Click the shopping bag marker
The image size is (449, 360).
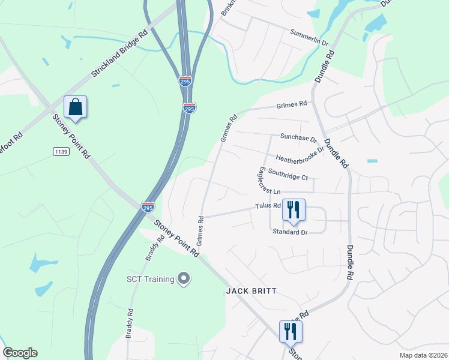76,108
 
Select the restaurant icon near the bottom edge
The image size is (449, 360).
291,332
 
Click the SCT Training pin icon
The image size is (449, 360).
184,278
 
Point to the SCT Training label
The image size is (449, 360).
150,278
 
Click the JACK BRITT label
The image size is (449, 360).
252,291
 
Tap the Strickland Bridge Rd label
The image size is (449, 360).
119,53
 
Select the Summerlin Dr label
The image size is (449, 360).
310,38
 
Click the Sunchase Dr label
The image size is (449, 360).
298,137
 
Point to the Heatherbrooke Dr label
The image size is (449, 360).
300,154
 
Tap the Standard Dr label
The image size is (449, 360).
290,231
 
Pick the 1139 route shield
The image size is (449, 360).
61,152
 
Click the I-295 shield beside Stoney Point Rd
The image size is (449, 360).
148,206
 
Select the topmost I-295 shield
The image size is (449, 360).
186,81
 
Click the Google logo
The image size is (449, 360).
20,353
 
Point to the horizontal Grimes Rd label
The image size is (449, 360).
292,105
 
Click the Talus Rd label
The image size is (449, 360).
268,206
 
